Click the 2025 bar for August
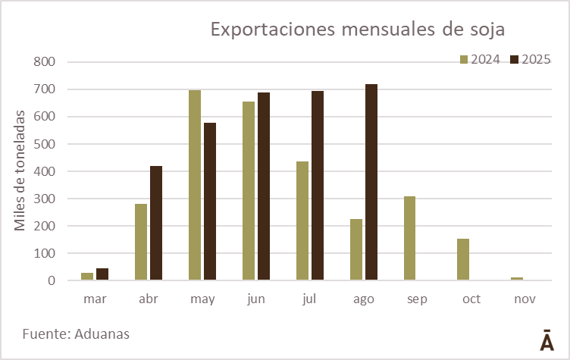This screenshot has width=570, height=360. coord(371,182)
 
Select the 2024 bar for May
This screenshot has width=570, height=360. coord(195,185)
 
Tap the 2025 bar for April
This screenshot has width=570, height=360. coord(156,223)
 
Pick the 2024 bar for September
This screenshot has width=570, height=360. coord(409,238)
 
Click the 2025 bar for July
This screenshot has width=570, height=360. coord(318,186)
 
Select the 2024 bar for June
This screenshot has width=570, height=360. coord(249,190)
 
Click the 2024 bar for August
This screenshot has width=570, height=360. coord(356,249)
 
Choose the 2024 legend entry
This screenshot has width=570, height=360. coord(480,59)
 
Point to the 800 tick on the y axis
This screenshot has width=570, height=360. coord(45,62)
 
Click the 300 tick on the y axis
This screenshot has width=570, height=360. coord(45,199)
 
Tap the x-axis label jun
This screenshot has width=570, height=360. coord(256,299)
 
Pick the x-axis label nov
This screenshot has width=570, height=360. coord(525,299)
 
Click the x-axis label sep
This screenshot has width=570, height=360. coord(417,299)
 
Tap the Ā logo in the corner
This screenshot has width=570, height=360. coord(547,340)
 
